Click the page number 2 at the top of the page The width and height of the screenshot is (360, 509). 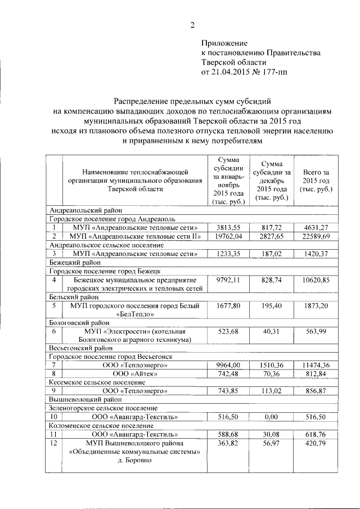(192, 25)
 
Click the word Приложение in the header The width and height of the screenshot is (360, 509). (224, 43)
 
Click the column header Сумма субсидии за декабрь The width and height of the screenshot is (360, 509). (272, 179)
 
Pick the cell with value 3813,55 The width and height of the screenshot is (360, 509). (228, 227)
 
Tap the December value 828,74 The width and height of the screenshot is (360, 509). (272, 280)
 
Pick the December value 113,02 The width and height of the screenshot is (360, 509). (272, 390)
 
